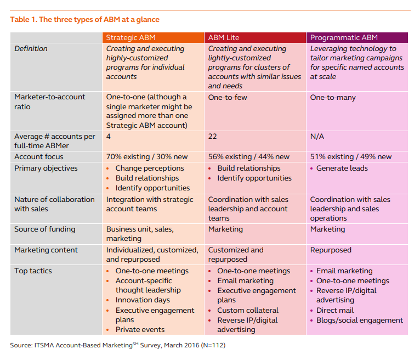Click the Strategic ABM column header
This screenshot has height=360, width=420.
click(130, 38)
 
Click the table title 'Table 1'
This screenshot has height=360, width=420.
click(85, 20)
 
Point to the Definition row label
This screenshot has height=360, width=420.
click(31, 49)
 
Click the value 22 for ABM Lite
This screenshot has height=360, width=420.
click(213, 136)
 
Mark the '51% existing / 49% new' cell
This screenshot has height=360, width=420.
click(351, 157)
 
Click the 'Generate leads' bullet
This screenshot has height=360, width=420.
click(342, 168)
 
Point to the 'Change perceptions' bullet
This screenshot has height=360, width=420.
click(150, 168)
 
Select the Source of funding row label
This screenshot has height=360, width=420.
click(45, 229)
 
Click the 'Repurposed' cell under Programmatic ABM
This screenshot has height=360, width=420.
click(331, 250)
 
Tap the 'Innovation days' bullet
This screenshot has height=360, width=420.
click(143, 300)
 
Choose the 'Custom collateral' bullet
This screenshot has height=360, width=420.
click(248, 311)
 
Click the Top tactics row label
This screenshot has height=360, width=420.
click(33, 271)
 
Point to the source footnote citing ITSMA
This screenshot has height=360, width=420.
click(118, 346)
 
